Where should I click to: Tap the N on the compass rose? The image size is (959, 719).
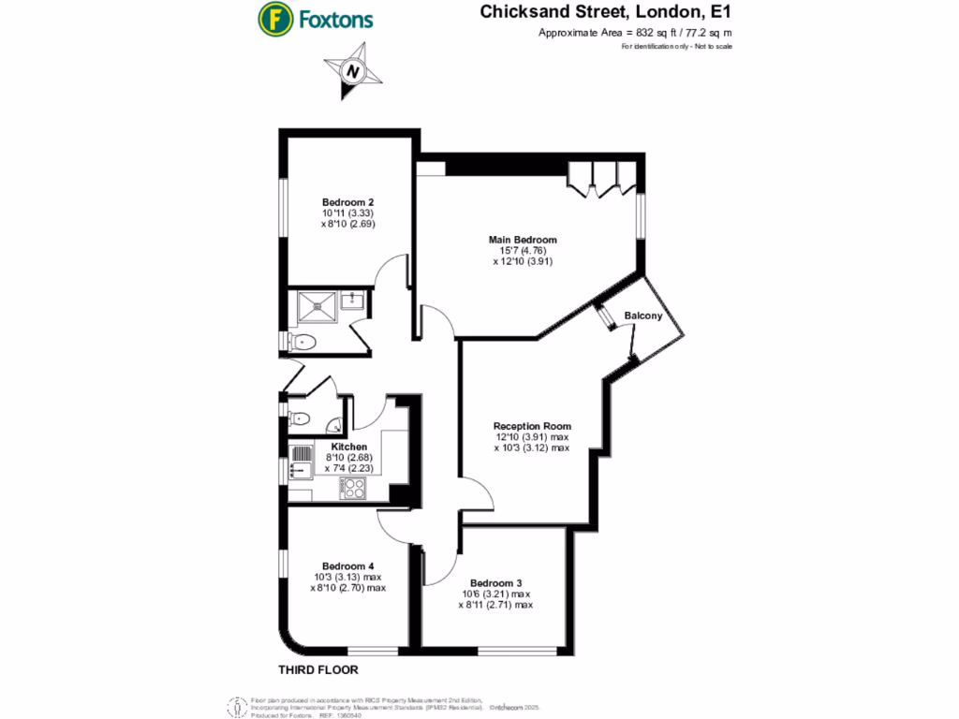[x=352, y=71]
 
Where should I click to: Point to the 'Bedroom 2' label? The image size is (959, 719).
[x=348, y=202]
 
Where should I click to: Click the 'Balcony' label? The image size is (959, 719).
[x=643, y=315]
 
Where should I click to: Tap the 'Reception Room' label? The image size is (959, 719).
[x=532, y=426]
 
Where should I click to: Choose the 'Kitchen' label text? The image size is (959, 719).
[x=348, y=448]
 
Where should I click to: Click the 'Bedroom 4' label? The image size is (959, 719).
[x=348, y=565]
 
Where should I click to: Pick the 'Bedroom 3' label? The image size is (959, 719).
[x=495, y=581]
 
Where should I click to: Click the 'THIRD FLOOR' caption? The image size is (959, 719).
[x=318, y=670]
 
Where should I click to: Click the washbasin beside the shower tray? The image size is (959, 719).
[x=352, y=301]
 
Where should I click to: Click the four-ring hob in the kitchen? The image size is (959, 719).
[x=353, y=488]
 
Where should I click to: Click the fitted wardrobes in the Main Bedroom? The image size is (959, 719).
[x=603, y=176]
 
